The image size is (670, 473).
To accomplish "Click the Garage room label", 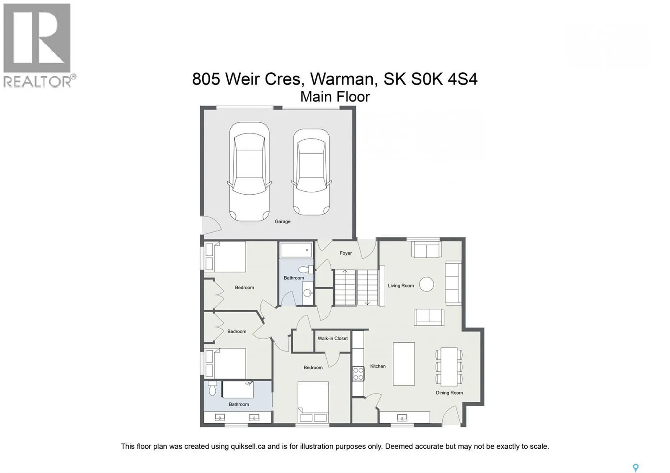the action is tap(282, 221).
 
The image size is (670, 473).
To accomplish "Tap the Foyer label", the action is tap(345, 253).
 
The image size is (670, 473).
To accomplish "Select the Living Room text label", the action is tap(401, 285).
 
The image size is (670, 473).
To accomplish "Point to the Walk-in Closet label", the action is tap(332, 338).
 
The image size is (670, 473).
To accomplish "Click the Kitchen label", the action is tap(378, 366).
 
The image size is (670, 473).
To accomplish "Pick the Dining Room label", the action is tap(449, 393).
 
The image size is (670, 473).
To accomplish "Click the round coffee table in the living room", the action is tap(426, 284).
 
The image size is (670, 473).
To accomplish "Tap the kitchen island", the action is tap(404, 364).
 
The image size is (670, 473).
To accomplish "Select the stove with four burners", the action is tap(358, 374).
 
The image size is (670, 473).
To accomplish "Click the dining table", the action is tap(449, 367).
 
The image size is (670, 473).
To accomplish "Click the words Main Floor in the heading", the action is tap(335, 97).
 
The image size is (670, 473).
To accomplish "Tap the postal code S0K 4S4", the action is tap(444, 79).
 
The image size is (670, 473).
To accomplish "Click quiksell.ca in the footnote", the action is tap(248, 446).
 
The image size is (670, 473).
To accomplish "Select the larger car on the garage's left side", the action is tap(249, 172).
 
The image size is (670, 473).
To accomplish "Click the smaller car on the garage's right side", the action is tap(312, 172).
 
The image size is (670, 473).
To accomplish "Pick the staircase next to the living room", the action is tap(356, 287).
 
